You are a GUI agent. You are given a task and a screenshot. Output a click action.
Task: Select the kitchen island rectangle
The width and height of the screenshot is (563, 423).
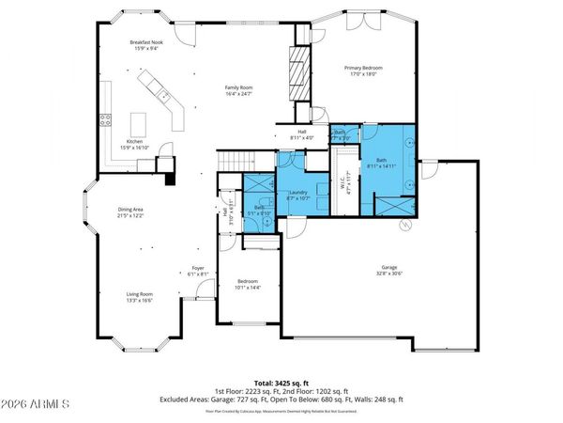click(140, 123)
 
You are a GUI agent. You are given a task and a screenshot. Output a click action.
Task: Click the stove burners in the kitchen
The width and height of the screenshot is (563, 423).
click(105, 121)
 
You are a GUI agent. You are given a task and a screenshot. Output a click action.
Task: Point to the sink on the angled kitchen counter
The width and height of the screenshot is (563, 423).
click(162, 95)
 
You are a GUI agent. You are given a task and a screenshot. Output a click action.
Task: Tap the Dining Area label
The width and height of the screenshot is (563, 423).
click(129, 212)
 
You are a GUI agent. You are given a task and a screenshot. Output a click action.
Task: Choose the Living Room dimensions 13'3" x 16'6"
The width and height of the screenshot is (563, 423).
click(140, 302)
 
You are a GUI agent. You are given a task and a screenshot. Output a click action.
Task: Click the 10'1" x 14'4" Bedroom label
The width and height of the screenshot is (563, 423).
click(248, 285)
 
